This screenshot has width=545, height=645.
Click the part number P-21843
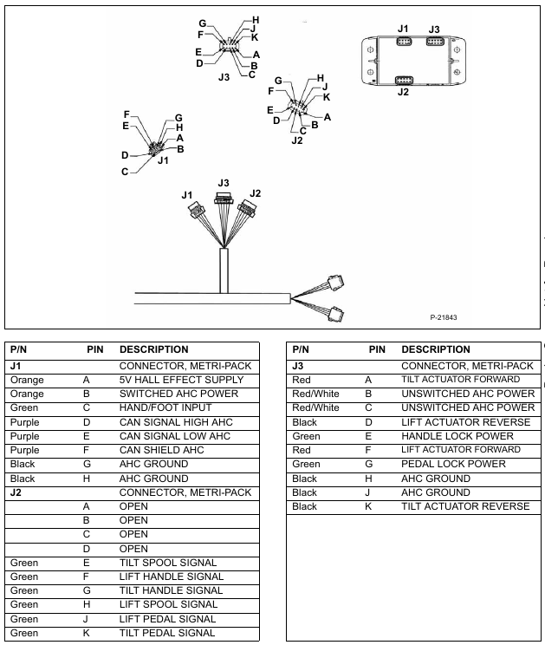(444, 316)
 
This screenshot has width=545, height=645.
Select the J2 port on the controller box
(404, 79)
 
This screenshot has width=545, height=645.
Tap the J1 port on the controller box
(404, 41)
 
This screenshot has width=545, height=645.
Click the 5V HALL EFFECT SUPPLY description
(181, 380)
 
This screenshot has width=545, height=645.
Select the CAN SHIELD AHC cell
(162, 450)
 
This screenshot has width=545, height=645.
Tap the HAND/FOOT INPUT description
(161, 407)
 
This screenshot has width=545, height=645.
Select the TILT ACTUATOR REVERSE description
(465, 506)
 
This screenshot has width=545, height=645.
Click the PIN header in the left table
(95, 349)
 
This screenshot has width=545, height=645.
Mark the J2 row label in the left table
(15, 492)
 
